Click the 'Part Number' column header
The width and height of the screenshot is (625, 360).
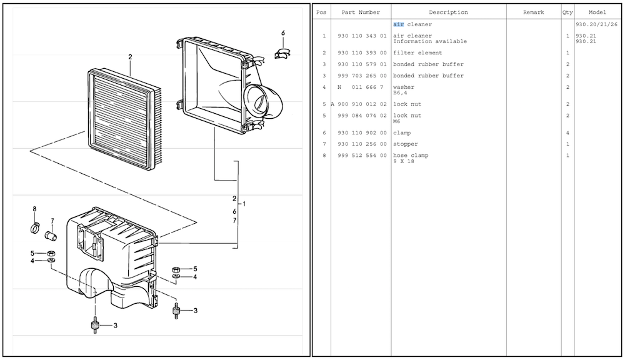pyautogui.click(x=361, y=12)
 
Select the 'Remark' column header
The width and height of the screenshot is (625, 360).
pyautogui.click(x=533, y=12)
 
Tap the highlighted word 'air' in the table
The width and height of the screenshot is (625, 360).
pyautogui.click(x=398, y=24)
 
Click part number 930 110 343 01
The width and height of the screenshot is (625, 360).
pyautogui.click(x=362, y=36)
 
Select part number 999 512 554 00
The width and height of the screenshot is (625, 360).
pyautogui.click(x=362, y=156)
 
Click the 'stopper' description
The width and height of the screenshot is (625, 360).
pyautogui.click(x=406, y=144)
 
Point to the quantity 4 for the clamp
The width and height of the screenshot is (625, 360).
pyautogui.click(x=567, y=133)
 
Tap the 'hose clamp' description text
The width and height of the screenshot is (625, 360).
pyautogui.click(x=411, y=156)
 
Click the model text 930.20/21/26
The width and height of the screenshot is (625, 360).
pyautogui.click(x=596, y=24)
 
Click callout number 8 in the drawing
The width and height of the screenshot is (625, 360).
pyautogui.click(x=34, y=208)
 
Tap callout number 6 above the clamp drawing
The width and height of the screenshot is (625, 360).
pyautogui.click(x=282, y=32)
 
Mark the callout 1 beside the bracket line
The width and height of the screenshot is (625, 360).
pyautogui.click(x=244, y=204)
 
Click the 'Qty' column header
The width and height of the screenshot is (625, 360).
pyautogui.click(x=567, y=12)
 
